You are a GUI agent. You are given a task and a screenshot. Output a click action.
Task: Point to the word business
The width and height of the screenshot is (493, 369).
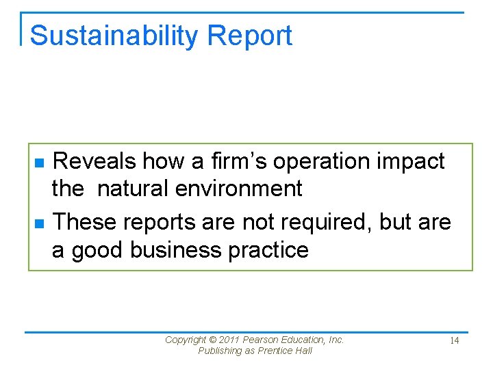click(x=175, y=250)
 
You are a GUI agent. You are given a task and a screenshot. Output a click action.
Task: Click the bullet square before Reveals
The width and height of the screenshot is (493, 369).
click(x=39, y=163)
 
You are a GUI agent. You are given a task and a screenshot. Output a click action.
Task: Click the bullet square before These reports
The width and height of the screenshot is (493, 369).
click(x=39, y=223)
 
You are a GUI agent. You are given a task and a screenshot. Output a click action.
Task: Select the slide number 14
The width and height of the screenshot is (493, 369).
click(x=454, y=340)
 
